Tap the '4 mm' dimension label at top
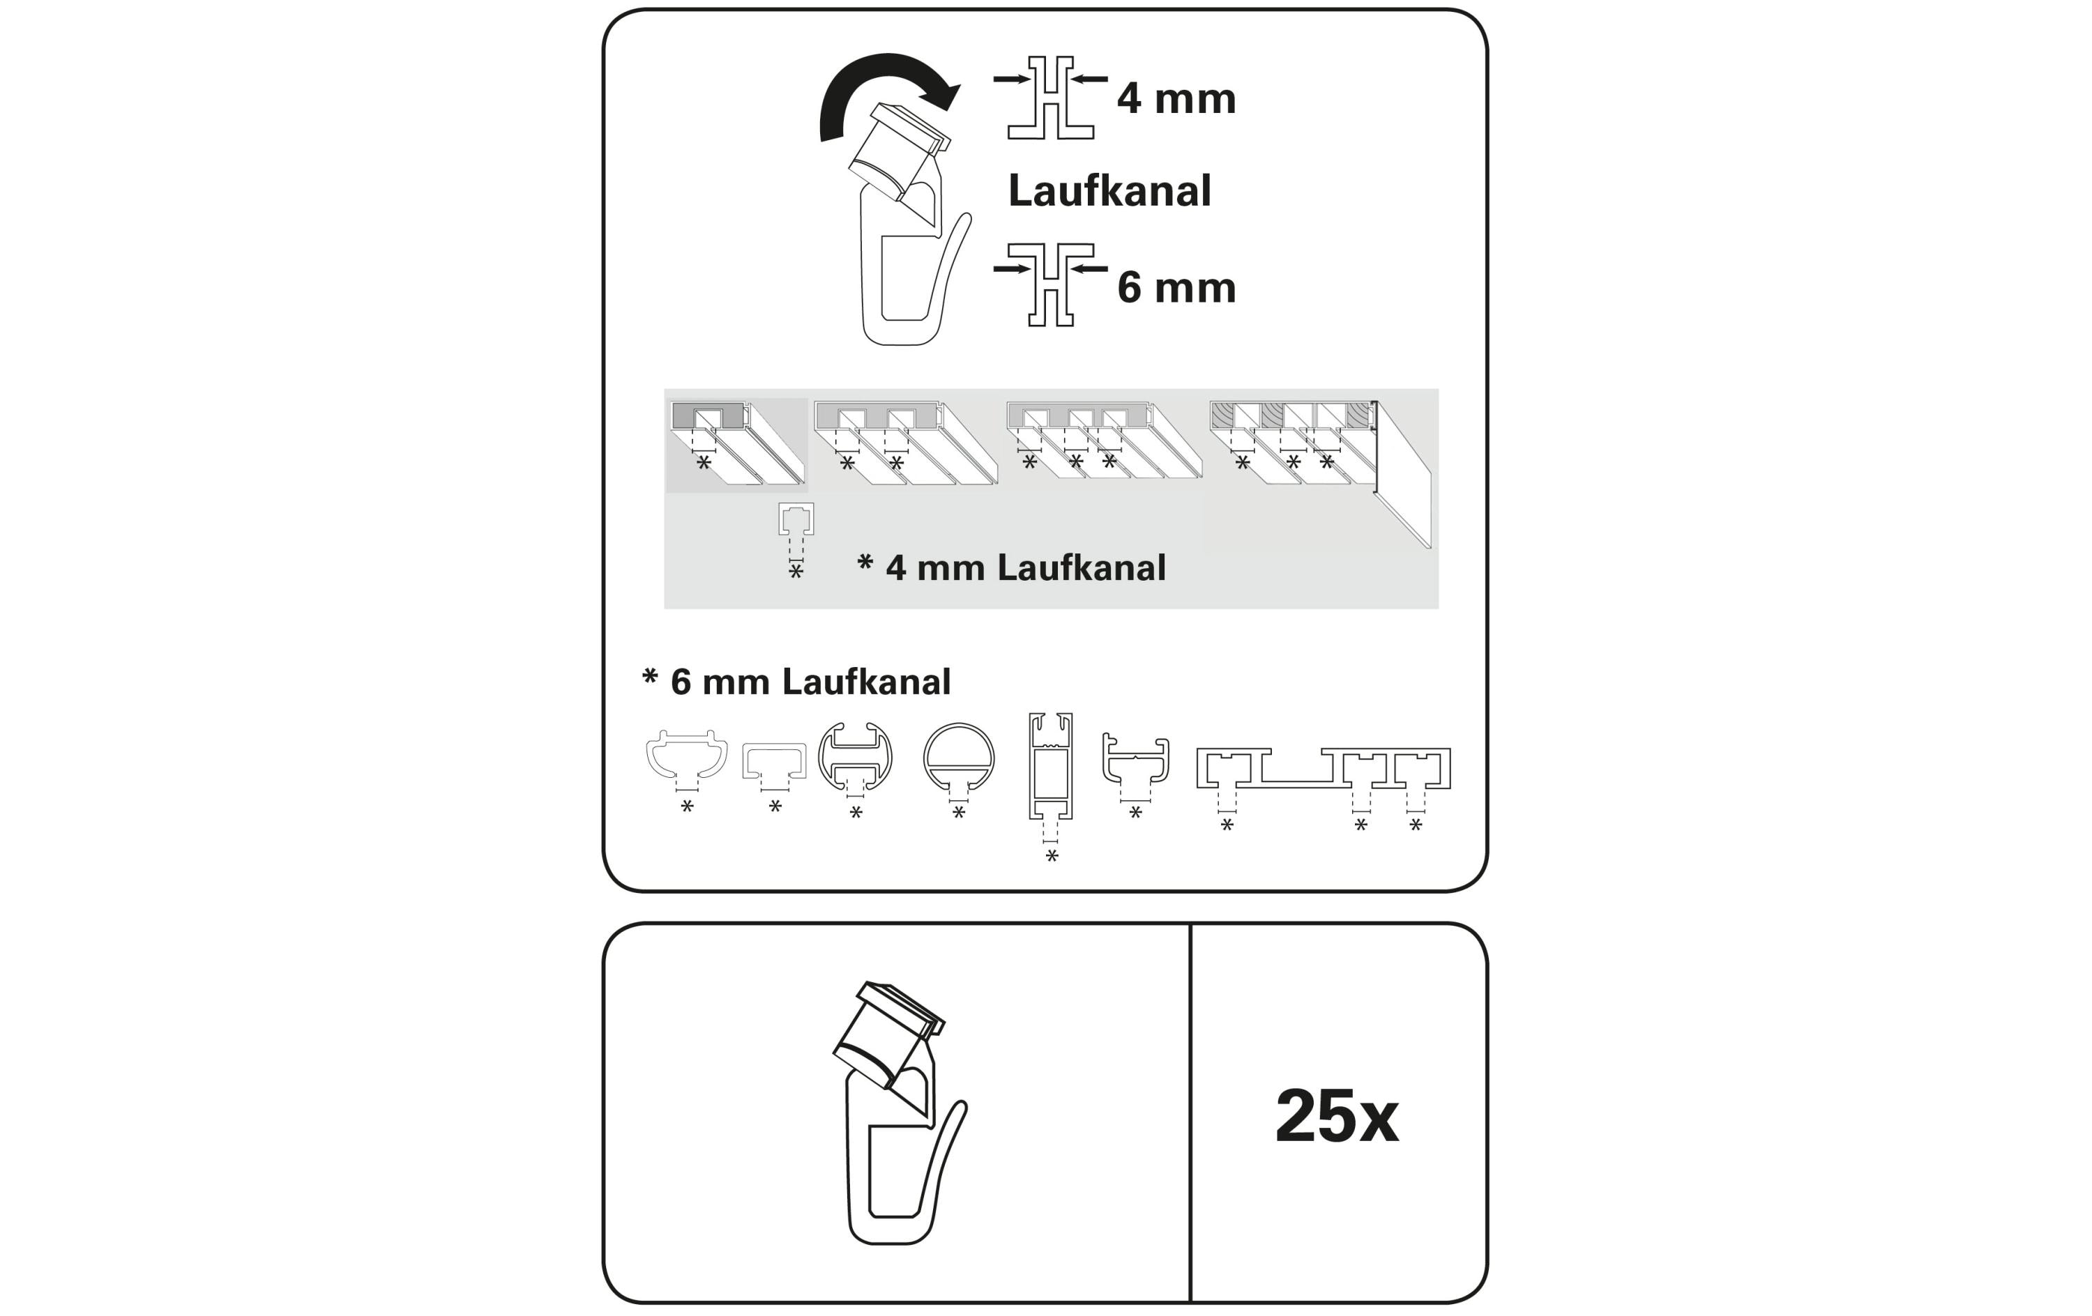click(1176, 98)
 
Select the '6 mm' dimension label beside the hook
click(1176, 287)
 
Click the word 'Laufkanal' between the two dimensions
click(1109, 191)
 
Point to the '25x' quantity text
click(1336, 1116)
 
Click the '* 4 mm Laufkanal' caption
click(1011, 567)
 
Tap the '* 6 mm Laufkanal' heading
click(796, 682)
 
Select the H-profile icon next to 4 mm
click(1050, 98)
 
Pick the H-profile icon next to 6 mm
click(1050, 285)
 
